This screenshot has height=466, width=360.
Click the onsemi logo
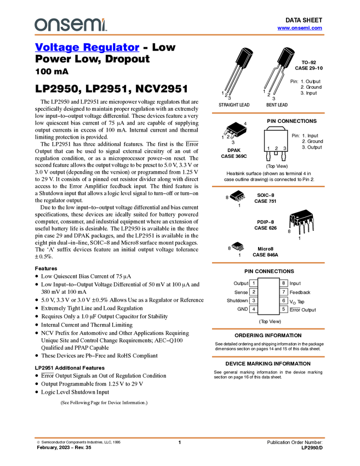70,25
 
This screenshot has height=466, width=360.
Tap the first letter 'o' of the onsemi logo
40,25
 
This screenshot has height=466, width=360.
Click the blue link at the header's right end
299,28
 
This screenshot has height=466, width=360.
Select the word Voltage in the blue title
56,48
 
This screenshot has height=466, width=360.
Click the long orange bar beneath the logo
179,35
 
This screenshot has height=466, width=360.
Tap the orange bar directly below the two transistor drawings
268,113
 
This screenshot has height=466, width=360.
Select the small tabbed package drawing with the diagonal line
233,132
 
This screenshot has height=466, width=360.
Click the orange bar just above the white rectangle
268,263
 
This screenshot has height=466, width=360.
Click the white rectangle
268,296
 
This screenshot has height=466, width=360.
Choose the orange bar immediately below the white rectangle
268,329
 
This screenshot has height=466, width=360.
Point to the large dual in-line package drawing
303,224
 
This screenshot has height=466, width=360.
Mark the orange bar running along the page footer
179,437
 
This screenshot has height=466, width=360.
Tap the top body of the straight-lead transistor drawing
245,52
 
